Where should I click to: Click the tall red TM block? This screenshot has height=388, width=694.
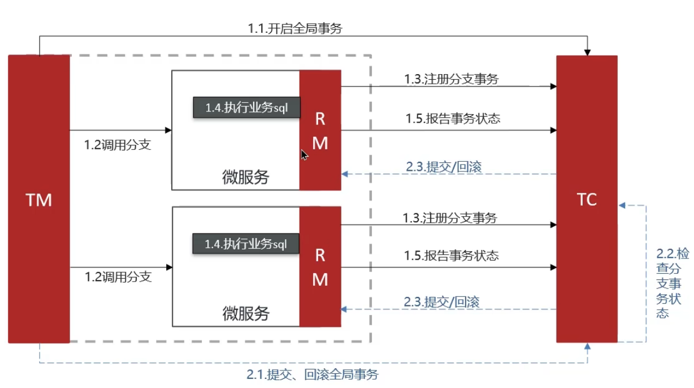[38, 199]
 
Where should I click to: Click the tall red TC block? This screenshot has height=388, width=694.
[587, 199]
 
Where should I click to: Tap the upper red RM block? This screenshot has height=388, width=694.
[320, 131]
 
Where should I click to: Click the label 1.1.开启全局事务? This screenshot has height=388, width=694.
[294, 28]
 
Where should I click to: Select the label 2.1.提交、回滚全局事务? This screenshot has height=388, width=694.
[313, 374]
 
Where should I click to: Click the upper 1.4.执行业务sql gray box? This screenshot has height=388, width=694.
[246, 107]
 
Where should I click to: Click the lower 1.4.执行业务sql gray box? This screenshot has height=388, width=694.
[246, 244]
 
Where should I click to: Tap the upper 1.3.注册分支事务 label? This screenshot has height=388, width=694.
[452, 79]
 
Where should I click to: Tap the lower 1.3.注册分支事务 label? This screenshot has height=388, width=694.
[450, 217]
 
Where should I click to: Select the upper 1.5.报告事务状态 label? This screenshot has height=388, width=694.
[453, 119]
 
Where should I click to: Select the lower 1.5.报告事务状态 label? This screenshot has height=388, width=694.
[452, 256]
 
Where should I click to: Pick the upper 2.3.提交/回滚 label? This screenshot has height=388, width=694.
[444, 167]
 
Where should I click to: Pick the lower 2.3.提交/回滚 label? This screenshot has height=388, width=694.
[442, 302]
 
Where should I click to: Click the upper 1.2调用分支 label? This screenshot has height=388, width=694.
[118, 145]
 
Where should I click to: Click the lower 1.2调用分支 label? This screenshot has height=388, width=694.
[118, 277]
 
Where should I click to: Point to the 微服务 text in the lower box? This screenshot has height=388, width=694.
[246, 313]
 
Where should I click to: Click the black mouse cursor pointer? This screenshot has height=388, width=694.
[304, 155]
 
